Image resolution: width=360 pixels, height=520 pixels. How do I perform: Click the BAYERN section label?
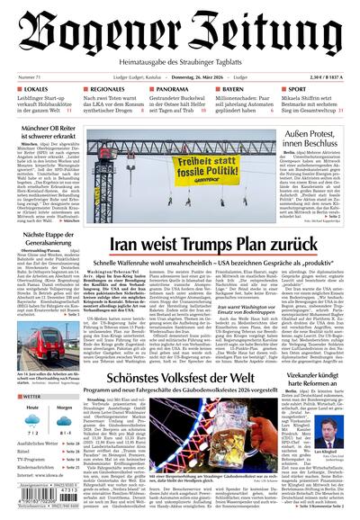tap(237, 90)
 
